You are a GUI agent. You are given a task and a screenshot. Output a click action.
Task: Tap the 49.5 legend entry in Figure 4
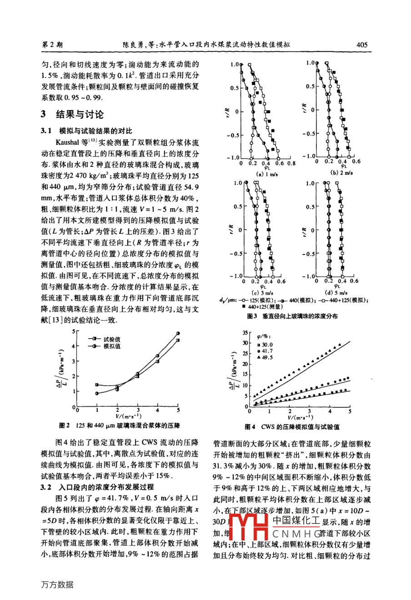tap(267, 358)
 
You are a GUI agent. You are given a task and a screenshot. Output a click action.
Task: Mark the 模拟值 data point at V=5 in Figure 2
tap(178, 333)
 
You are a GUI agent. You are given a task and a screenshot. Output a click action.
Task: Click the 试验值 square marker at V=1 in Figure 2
tap(96, 385)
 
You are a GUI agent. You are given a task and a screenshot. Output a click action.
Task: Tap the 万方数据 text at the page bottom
tap(57, 585)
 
